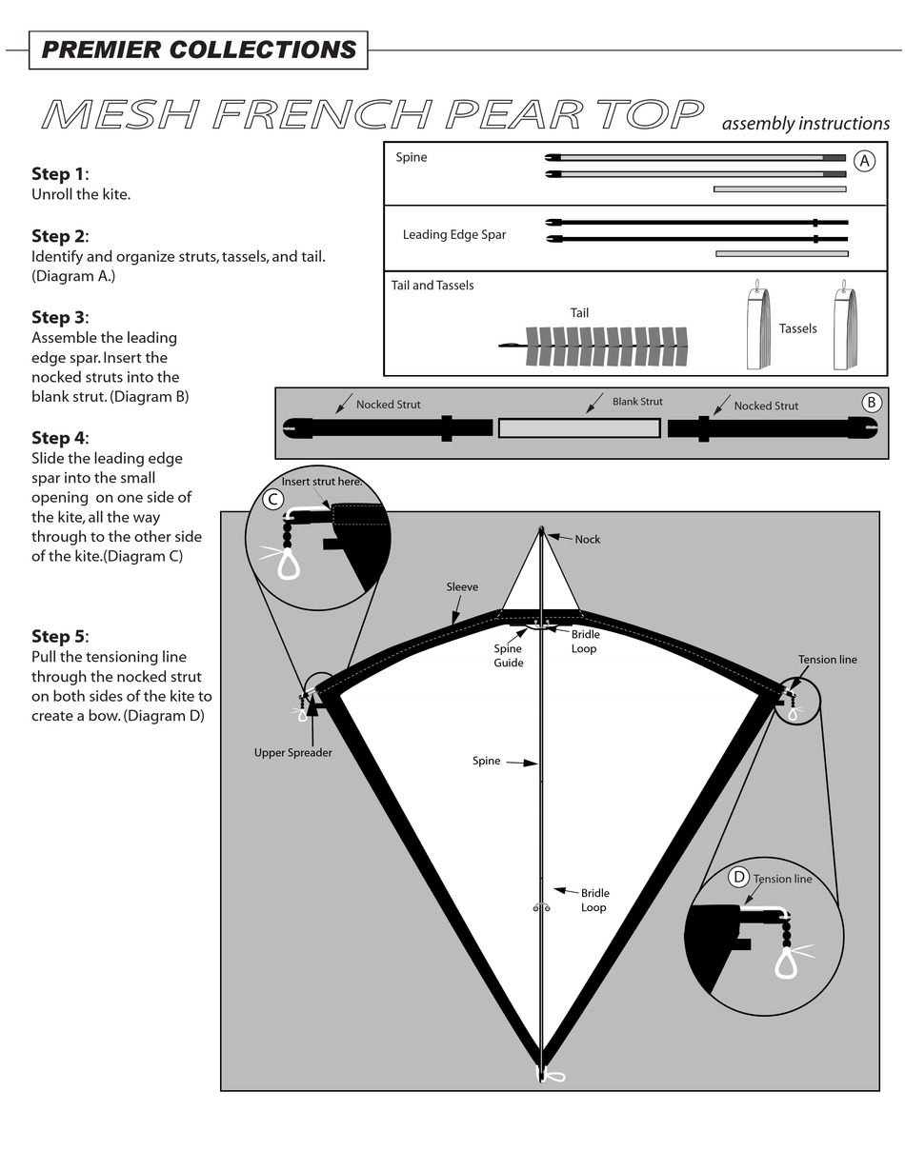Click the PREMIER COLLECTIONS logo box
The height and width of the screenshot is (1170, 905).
[198, 50]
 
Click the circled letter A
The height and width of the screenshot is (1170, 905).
[863, 161]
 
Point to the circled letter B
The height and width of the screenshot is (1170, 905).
[871, 403]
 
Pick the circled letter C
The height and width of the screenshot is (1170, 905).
[272, 499]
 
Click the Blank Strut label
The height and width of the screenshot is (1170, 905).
[637, 402]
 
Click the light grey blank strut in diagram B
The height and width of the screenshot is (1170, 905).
[579, 428]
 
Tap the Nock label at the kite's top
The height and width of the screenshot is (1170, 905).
[588, 540]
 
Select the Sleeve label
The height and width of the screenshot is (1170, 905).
[462, 587]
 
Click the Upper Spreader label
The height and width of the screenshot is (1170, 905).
[292, 753]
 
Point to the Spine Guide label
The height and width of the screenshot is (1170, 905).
[508, 656]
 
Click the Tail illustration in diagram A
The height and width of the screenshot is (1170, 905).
[600, 347]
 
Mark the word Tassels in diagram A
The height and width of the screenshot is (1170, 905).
[797, 328]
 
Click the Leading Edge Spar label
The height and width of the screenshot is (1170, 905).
[453, 235]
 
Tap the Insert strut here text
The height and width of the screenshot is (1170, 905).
[322, 482]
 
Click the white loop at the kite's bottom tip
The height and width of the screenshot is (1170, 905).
[553, 1077]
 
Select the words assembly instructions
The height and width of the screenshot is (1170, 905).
[805, 124]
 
